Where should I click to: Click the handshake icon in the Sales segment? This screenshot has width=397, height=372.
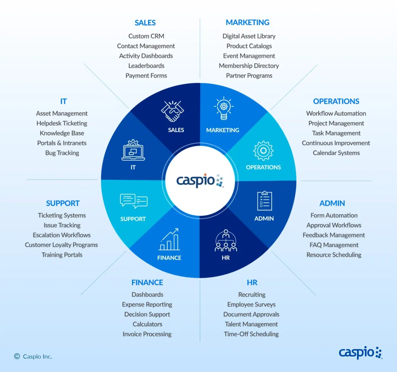(x=173, y=111)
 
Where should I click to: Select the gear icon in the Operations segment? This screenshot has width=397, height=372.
(x=263, y=150)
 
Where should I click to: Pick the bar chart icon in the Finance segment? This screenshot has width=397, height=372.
(x=169, y=240)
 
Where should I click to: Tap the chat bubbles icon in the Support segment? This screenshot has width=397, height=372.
(x=134, y=201)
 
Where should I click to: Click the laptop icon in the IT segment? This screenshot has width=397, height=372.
(x=133, y=150)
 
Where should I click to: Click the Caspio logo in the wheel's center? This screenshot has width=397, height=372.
(x=200, y=180)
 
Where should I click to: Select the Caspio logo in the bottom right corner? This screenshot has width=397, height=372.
(x=360, y=353)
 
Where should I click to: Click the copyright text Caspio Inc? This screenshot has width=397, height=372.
(x=33, y=356)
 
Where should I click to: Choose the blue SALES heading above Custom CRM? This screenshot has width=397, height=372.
(x=145, y=23)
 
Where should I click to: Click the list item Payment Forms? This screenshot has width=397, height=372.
(x=146, y=76)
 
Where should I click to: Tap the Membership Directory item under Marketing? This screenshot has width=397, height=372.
(x=249, y=66)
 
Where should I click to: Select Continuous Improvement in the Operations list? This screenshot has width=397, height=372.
(x=336, y=143)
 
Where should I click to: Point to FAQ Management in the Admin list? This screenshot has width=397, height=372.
(x=334, y=245)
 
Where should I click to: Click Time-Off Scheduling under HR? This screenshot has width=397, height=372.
(x=251, y=334)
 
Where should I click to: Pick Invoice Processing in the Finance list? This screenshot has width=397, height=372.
(x=147, y=334)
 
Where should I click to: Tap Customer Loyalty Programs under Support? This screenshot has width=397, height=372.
(x=61, y=245)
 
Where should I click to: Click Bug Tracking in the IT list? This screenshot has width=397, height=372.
(x=62, y=153)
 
